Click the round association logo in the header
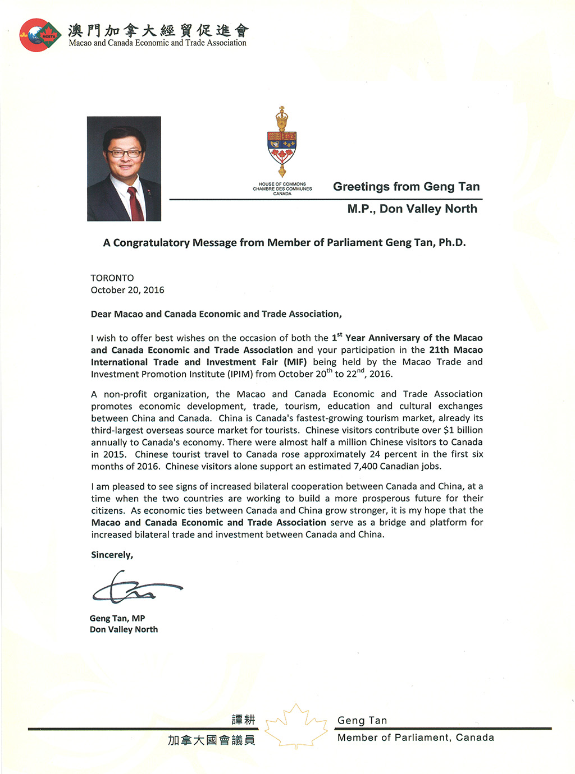click(40, 35)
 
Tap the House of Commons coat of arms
click(282, 141)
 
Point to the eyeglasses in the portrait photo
click(125, 153)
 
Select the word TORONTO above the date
click(112, 278)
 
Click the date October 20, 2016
click(127, 290)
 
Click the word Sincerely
click(112, 555)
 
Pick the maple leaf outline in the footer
click(296, 727)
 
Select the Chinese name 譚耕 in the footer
click(243, 720)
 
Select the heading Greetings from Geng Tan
click(406, 187)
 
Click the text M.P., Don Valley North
click(412, 209)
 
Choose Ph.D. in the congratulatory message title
click(452, 243)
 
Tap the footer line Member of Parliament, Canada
click(416, 738)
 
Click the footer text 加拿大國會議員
click(212, 740)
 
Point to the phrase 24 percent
click(385, 454)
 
